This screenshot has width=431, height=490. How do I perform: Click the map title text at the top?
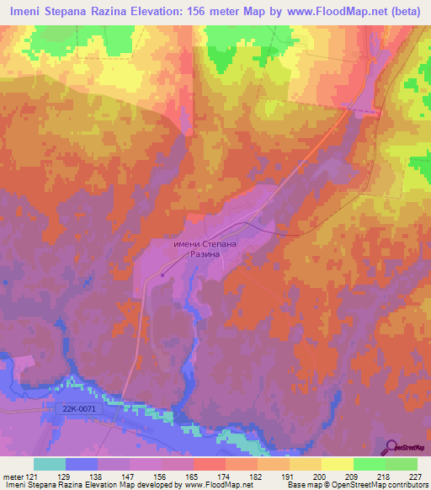pos(215,11)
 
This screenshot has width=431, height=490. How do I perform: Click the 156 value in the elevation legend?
pos(162,476)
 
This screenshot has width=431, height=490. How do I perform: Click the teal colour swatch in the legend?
pos(49,464)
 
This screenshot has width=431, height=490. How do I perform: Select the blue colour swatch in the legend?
pos(81,464)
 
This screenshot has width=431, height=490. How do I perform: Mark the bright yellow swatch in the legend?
pos(337,464)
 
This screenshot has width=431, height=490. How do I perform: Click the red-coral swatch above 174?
pos(209,464)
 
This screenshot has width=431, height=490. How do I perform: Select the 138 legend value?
pos(97,476)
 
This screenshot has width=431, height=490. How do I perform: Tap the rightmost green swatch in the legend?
pos(401,464)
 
